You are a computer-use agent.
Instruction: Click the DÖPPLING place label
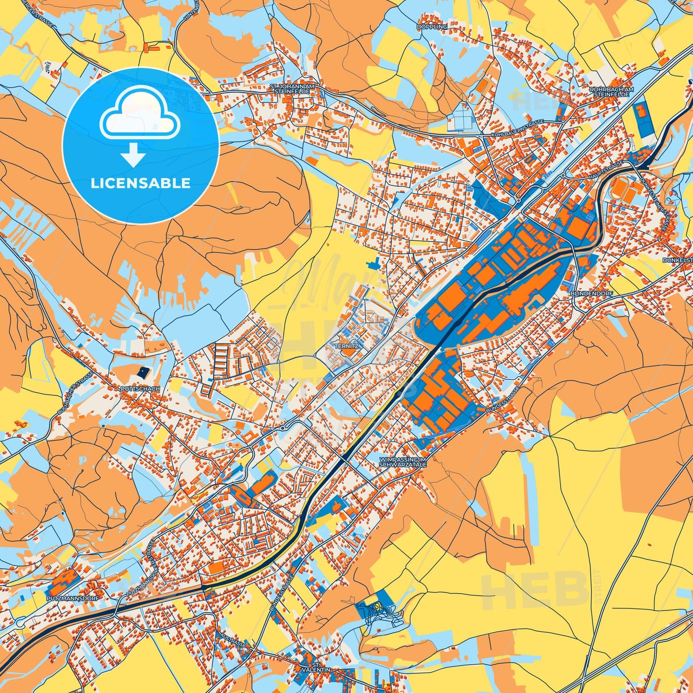(432, 27)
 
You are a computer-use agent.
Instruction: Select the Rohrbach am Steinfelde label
(611, 92)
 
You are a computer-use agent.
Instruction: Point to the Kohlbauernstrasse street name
(517, 129)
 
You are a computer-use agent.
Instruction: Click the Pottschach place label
(140, 388)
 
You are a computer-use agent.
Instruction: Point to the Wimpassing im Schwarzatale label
(402, 461)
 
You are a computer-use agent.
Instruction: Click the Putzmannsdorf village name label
(72, 599)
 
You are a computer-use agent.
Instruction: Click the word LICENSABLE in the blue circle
(141, 183)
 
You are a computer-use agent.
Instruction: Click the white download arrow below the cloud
(133, 156)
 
